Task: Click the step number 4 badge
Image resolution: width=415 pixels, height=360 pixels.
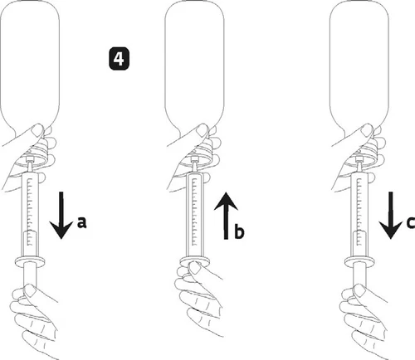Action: (119, 59)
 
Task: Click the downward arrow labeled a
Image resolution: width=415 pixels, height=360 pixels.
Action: (61, 215)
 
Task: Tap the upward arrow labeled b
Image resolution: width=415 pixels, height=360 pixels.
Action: (226, 216)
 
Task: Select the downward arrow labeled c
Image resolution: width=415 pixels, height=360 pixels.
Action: (391, 215)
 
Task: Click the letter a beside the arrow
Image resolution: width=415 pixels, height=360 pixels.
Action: (81, 223)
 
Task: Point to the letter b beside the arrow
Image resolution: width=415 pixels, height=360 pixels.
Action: (239, 231)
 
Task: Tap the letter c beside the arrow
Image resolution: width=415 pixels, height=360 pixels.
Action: (411, 223)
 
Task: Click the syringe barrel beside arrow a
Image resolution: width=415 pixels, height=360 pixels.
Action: (31, 214)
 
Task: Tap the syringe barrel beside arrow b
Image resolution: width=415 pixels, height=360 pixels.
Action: (195, 214)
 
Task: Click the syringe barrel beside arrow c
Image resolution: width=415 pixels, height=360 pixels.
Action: (359, 214)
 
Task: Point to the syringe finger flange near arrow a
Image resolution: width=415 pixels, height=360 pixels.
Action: (30, 261)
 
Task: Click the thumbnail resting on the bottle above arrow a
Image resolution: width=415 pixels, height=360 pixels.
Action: (37, 129)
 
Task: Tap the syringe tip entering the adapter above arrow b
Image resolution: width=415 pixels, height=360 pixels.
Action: (195, 168)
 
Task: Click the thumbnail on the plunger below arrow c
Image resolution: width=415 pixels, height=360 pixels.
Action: (359, 290)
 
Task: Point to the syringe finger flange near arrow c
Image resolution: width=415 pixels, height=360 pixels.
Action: (359, 261)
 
